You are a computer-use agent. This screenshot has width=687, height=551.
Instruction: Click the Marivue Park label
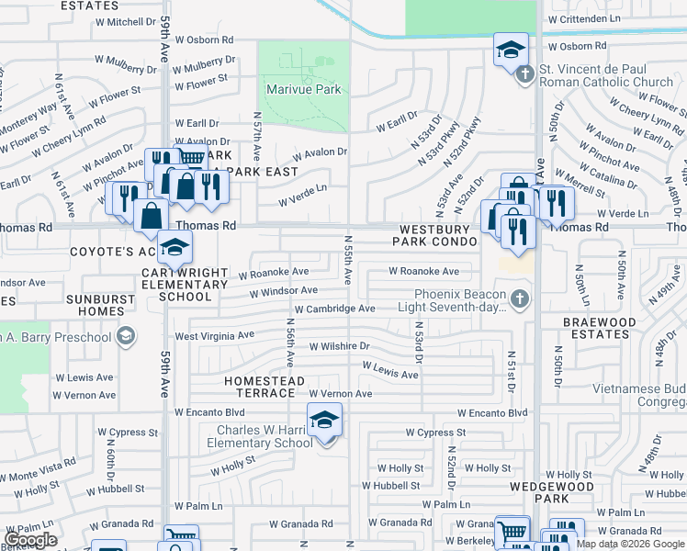[304, 89]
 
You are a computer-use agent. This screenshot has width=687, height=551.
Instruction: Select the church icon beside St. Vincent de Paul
[525, 74]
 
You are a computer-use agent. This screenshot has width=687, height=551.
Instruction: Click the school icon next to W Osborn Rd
[510, 51]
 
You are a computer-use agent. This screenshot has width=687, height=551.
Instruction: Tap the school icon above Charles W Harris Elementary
[324, 420]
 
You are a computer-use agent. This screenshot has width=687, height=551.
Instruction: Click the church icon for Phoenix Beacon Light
[520, 298]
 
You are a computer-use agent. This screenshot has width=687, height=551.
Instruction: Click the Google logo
[30, 540]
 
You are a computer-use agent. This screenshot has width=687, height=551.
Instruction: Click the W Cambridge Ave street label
[334, 309]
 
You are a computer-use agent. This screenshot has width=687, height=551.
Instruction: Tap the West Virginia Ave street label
[214, 336]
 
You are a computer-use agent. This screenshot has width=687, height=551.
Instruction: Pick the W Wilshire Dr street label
[339, 346]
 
